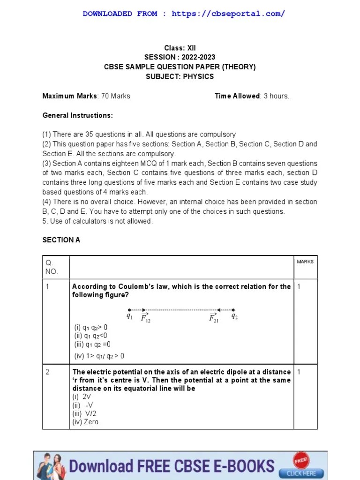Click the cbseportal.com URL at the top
[228, 14]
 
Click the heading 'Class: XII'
[180, 48]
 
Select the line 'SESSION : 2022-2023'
[180, 57]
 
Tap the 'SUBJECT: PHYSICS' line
[180, 76]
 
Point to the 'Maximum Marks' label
[70, 96]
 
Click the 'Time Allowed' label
[237, 96]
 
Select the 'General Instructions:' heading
[77, 115]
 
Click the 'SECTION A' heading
[61, 240]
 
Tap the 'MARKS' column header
[305, 262]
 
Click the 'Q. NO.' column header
[51, 267]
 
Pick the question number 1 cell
[48, 286]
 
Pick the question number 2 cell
[48, 372]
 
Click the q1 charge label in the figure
[130, 316]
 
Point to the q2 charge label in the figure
[234, 316]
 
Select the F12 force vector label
[145, 318]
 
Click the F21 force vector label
[214, 318]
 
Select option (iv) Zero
[85, 422]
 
